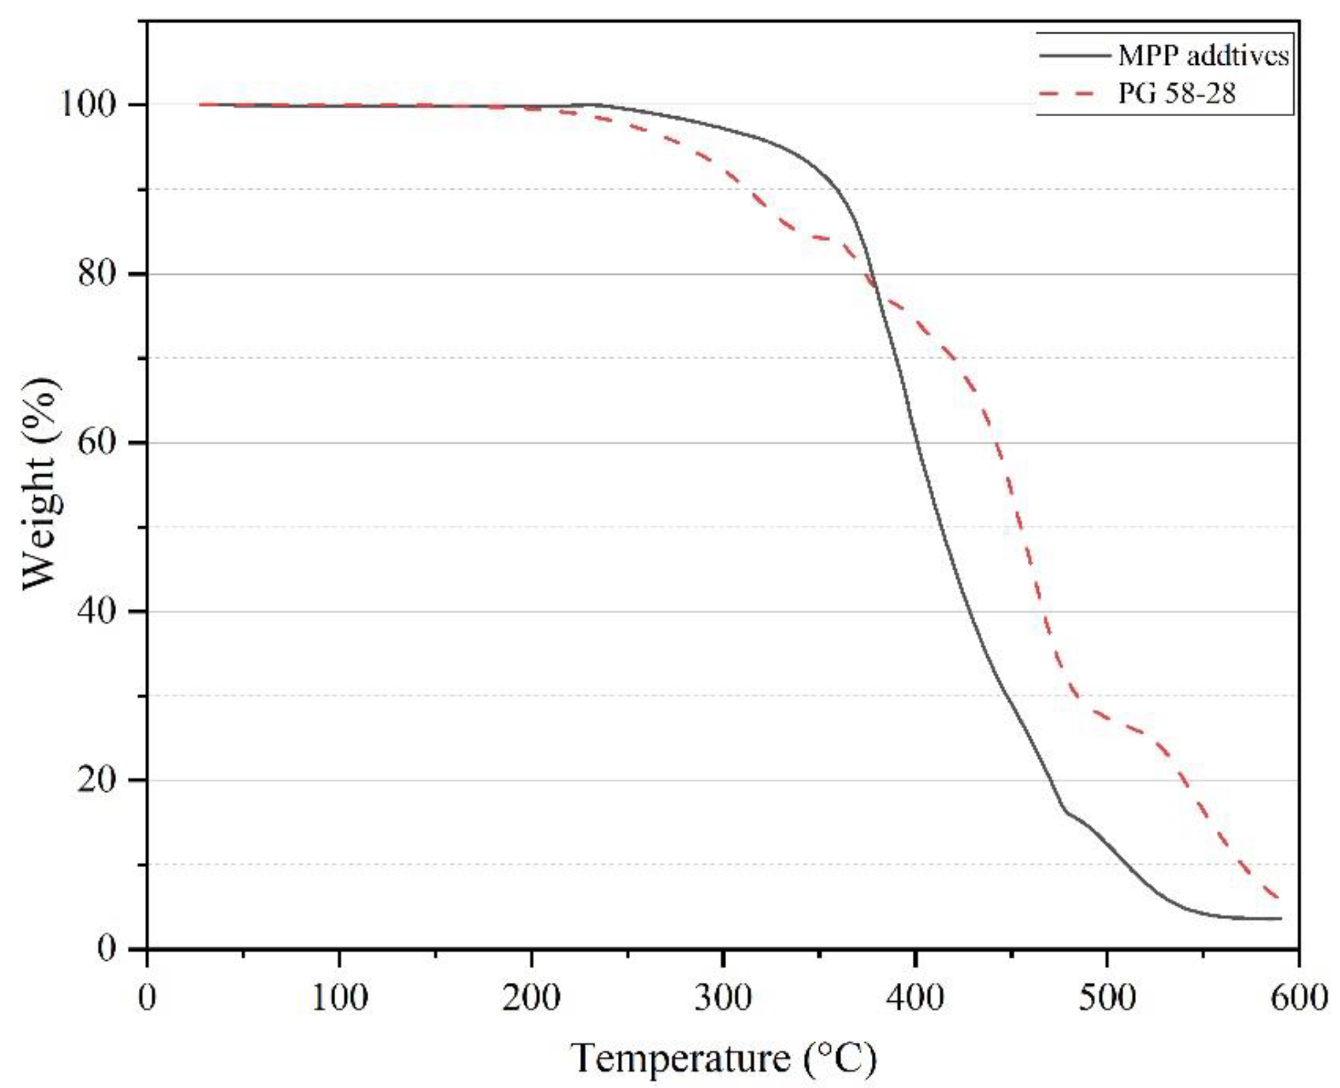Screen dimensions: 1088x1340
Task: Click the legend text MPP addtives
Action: click(x=1204, y=57)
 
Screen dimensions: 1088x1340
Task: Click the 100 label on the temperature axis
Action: click(x=339, y=998)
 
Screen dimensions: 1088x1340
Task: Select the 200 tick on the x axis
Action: click(x=531, y=998)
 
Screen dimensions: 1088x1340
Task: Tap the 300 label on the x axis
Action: click(x=724, y=998)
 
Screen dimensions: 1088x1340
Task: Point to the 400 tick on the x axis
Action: click(x=915, y=998)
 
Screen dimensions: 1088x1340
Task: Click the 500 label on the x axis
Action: click(x=1108, y=998)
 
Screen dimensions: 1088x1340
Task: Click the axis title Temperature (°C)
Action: click(x=724, y=1058)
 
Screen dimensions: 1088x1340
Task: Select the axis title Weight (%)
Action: click(x=43, y=483)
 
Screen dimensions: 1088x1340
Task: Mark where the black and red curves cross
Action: click(x=873, y=285)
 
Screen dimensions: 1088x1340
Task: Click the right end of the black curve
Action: click(x=1280, y=919)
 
